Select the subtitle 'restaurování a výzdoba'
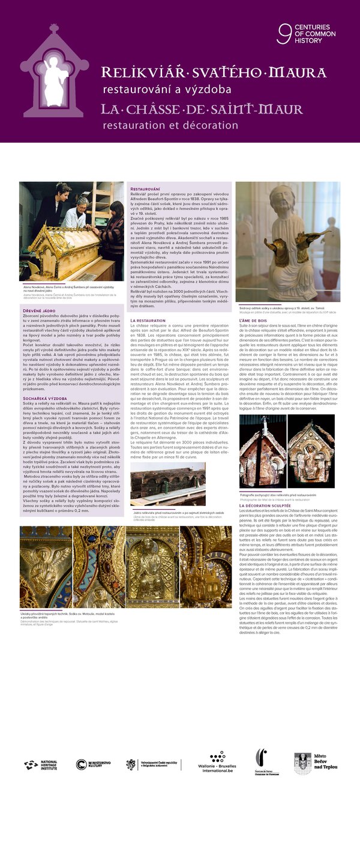tap(167, 89)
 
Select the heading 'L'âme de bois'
tap(253, 321)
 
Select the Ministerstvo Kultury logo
tap(94, 764)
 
